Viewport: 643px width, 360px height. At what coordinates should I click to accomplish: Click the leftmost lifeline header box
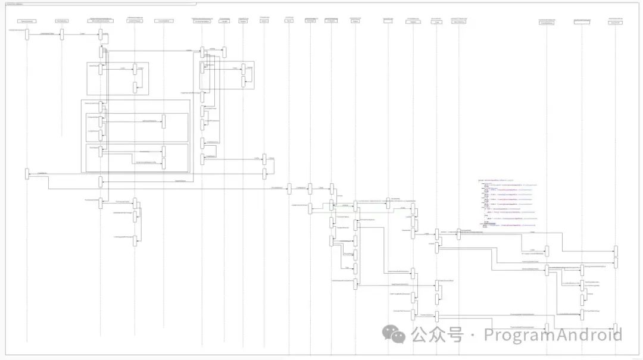click(x=27, y=21)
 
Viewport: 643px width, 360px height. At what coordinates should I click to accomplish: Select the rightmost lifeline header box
click(x=616, y=21)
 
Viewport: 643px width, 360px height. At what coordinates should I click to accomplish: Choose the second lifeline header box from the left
click(x=62, y=21)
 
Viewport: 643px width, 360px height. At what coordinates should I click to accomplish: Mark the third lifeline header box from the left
click(x=100, y=21)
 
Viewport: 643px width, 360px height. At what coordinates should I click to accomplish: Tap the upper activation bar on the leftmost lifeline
click(x=27, y=34)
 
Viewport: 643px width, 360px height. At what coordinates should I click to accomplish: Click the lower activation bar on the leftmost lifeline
click(x=27, y=173)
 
